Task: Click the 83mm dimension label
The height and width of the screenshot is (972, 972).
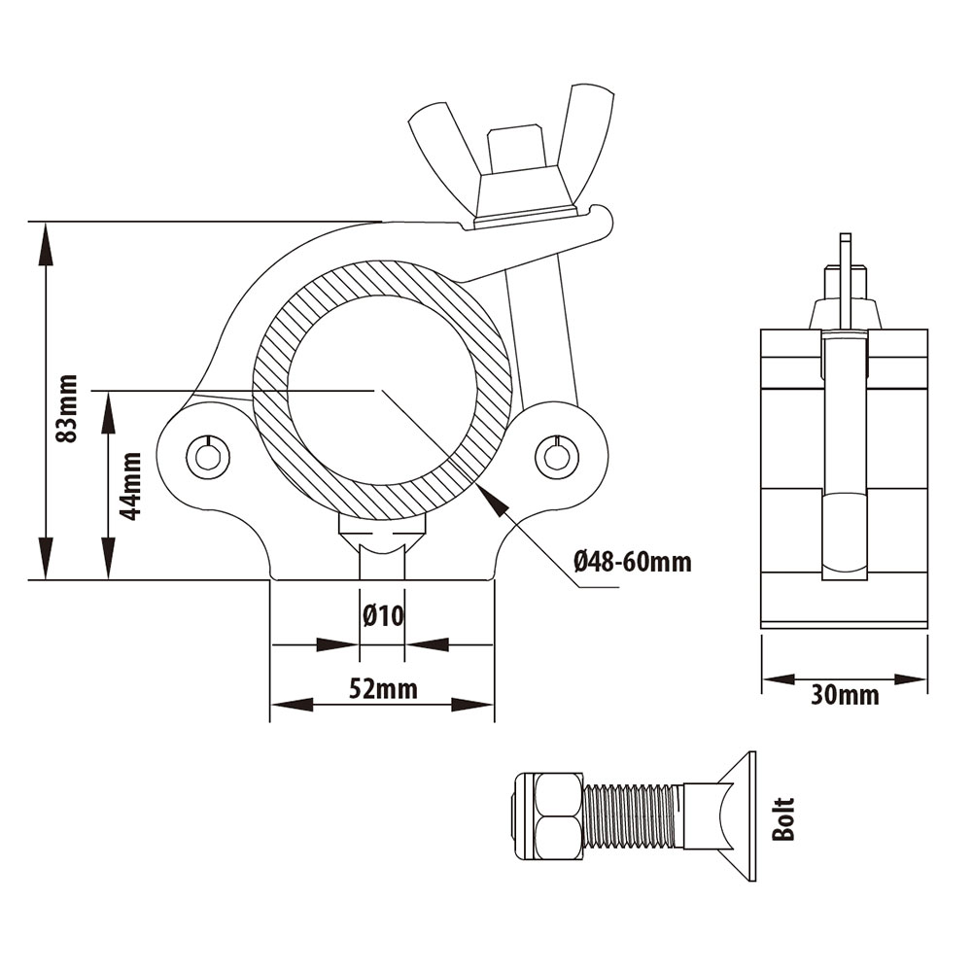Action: (66, 408)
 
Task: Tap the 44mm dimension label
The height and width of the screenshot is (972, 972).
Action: (130, 485)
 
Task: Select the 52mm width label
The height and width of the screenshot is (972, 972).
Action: (383, 689)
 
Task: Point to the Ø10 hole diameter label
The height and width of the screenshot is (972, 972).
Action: (383, 616)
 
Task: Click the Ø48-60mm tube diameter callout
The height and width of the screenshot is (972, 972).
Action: (633, 562)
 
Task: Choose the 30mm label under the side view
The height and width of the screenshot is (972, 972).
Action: (845, 695)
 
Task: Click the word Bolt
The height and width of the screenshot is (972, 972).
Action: (782, 818)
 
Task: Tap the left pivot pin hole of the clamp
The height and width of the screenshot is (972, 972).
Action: (208, 458)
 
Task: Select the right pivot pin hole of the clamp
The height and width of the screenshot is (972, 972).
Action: (557, 458)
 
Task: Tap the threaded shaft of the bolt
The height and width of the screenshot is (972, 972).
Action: (634, 818)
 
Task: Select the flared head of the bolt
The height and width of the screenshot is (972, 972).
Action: (721, 816)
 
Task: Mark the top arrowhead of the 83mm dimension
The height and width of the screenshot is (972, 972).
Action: (44, 244)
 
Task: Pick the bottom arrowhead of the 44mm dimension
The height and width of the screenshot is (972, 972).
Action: (109, 558)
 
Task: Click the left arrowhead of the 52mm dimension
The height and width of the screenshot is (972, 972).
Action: (292, 704)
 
